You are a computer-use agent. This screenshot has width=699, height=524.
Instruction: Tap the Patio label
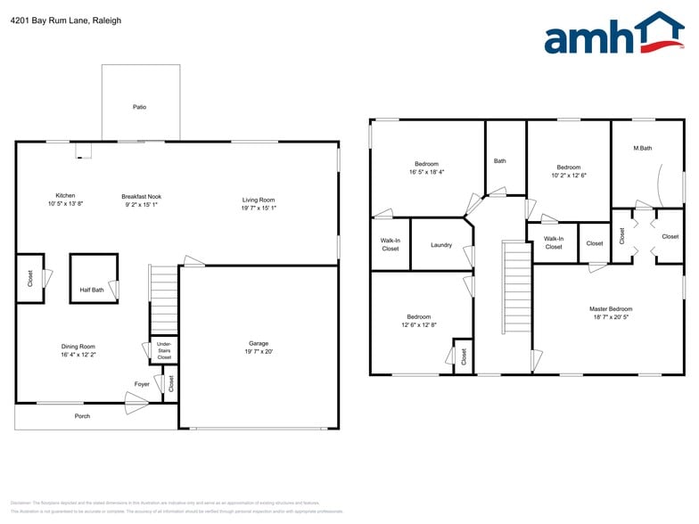pyautogui.click(x=140, y=107)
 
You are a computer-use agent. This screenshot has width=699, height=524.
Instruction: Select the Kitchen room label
pyautogui.click(x=65, y=195)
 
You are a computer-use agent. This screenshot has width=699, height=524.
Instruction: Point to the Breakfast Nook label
pyautogui.click(x=141, y=196)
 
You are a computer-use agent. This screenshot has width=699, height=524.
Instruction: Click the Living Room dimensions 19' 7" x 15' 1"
pyautogui.click(x=259, y=208)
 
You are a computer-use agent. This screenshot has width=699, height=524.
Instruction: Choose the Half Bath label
pyautogui.click(x=91, y=289)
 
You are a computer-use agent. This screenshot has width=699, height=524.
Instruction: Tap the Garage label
pyautogui.click(x=259, y=343)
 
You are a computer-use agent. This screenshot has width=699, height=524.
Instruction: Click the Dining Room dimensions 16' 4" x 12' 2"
pyautogui.click(x=78, y=355)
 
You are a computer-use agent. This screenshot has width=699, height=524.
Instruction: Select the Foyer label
pyautogui.click(x=142, y=384)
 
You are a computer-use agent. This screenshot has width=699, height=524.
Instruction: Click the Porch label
pyautogui.click(x=82, y=416)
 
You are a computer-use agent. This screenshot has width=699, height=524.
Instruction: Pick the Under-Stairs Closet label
pyautogui.click(x=164, y=350)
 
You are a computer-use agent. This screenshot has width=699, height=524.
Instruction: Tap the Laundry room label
pyautogui.click(x=441, y=245)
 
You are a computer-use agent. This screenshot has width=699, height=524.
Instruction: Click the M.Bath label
pyautogui.click(x=643, y=148)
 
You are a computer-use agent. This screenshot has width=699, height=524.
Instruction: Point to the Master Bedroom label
pyautogui.click(x=611, y=309)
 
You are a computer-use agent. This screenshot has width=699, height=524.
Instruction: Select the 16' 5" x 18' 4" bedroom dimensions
pyautogui.click(x=426, y=172)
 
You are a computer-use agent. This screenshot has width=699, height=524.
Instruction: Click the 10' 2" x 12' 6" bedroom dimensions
pyautogui.click(x=569, y=175)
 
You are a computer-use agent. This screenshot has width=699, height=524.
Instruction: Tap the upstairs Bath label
pyautogui.click(x=500, y=161)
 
